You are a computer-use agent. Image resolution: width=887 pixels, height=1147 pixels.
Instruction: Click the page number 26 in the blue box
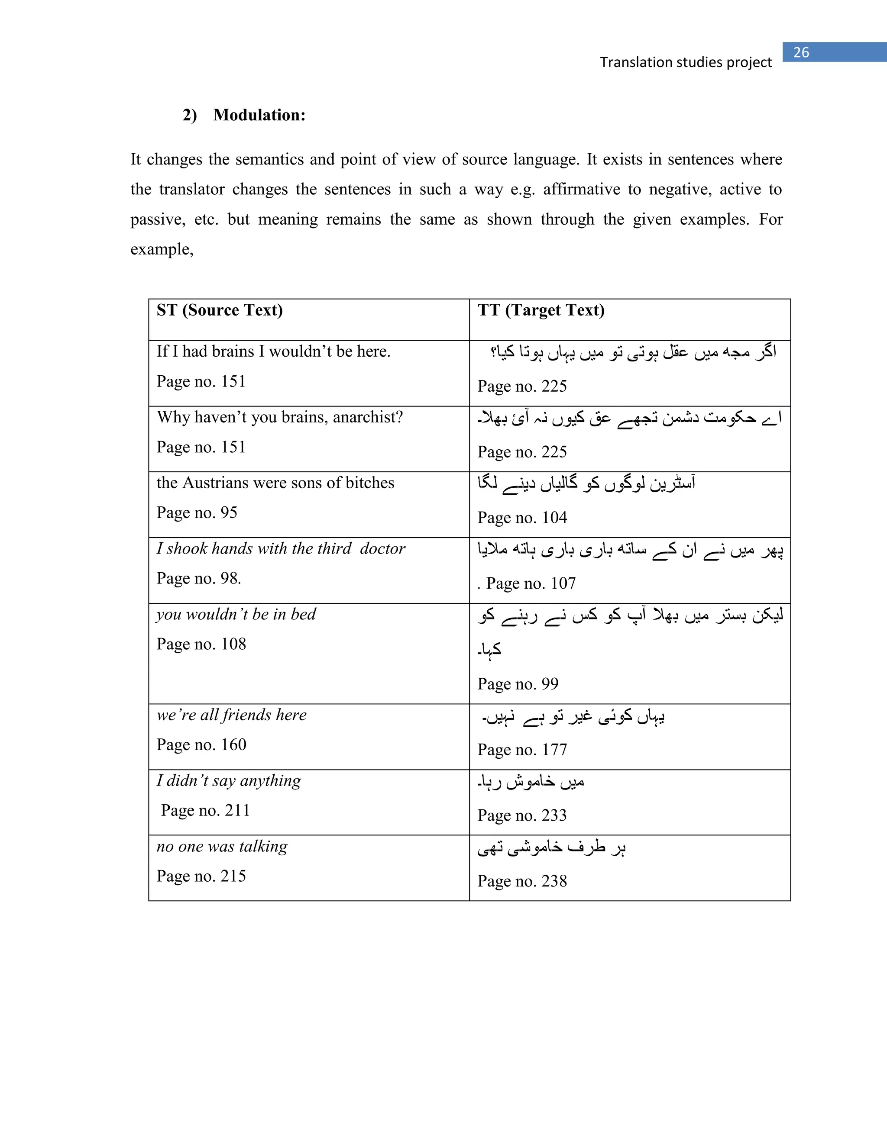(x=801, y=52)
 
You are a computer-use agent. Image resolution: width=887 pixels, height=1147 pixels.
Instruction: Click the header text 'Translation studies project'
(x=686, y=62)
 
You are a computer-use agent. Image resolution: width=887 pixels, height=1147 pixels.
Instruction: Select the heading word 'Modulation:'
(x=259, y=115)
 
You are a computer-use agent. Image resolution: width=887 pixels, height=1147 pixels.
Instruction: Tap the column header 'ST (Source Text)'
(x=220, y=310)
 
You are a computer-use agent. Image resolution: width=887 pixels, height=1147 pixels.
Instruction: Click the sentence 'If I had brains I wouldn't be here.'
(x=273, y=351)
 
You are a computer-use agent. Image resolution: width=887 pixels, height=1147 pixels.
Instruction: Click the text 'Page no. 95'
(x=197, y=512)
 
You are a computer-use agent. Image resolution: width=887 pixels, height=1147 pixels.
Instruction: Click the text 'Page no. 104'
(x=522, y=518)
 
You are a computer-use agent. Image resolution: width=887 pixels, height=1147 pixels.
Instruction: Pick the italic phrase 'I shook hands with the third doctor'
(x=281, y=549)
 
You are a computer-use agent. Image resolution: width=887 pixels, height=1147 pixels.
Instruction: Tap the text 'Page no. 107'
(x=531, y=583)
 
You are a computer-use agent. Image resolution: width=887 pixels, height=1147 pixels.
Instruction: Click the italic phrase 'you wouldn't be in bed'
(x=236, y=615)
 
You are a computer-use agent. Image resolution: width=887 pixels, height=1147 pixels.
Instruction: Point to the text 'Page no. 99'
(x=518, y=684)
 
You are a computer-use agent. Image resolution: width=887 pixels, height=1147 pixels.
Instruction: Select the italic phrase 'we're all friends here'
(x=231, y=715)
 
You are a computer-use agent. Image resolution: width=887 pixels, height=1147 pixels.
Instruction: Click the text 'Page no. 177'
(x=522, y=750)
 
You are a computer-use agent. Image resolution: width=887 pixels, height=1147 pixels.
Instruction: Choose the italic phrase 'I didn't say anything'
(x=229, y=781)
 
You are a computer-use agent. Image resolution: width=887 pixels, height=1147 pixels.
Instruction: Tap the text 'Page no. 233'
(x=522, y=815)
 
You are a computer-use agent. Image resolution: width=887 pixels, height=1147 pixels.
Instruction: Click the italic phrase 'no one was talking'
(x=222, y=847)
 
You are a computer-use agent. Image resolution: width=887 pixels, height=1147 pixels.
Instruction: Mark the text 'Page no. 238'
(x=522, y=881)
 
